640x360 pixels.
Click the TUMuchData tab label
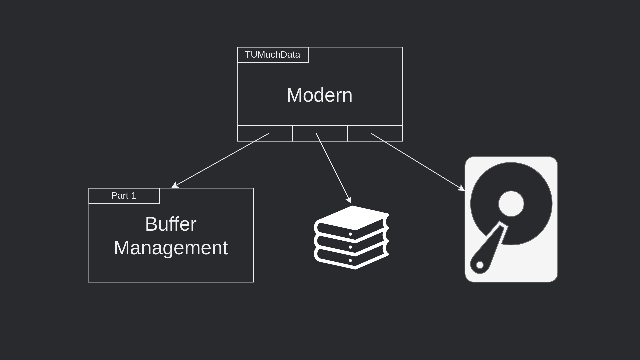pos(273,55)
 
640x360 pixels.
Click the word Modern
pos(319,95)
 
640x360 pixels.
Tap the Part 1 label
pos(124,196)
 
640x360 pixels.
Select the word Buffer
pos(171,224)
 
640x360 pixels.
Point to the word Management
pos(171,248)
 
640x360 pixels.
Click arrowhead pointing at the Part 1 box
pos(174,186)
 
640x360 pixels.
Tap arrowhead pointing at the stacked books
pos(349,200)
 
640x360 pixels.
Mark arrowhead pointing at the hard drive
pos(462,189)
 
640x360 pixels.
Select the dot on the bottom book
pos(350,260)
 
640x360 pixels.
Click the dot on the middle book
pos(350,247)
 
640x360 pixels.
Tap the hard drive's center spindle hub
pos(511,204)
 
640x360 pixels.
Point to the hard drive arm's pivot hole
pos(480,265)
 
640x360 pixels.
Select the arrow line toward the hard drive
pos(417,161)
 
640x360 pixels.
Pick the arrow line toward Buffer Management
pos(222,159)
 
